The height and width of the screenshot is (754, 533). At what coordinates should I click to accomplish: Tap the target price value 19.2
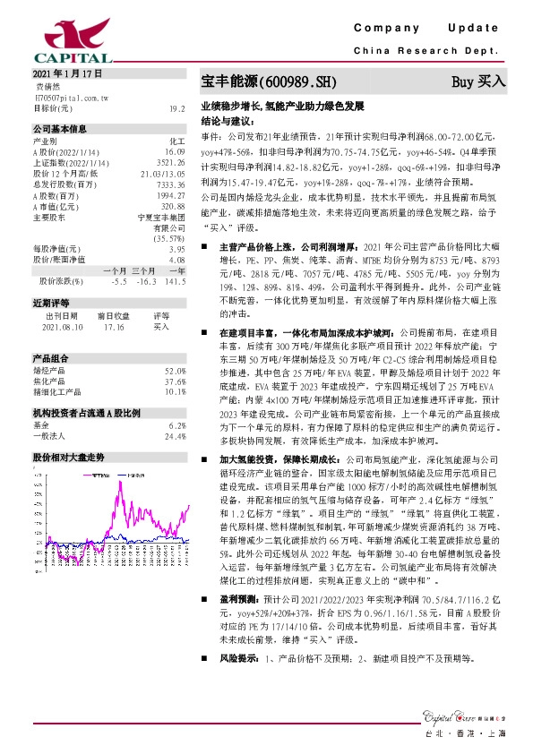pyautogui.click(x=176, y=107)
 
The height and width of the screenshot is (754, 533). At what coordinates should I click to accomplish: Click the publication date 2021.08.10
pyautogui.click(x=62, y=327)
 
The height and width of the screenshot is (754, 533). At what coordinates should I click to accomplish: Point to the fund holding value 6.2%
pyautogui.click(x=176, y=426)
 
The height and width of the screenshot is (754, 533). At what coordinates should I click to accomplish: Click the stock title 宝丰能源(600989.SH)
pyautogui.click(x=268, y=82)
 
